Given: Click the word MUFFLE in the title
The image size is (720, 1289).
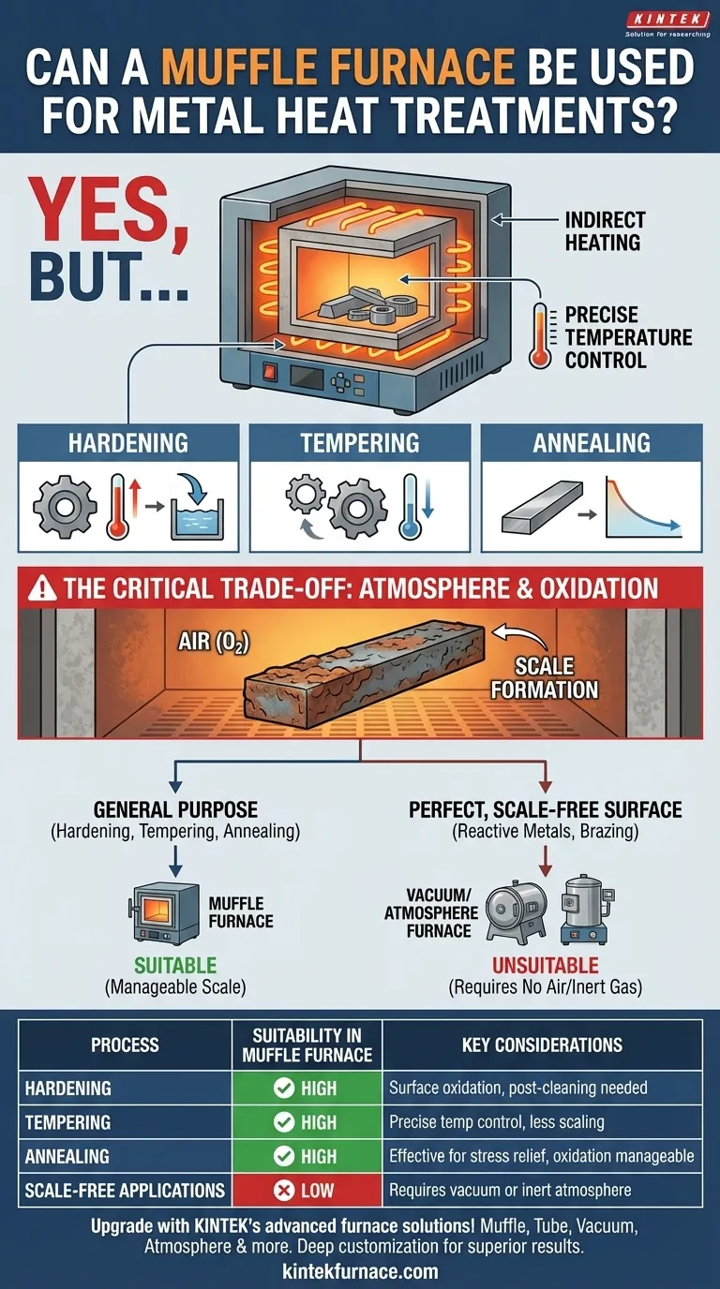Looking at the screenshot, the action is pos(253,67).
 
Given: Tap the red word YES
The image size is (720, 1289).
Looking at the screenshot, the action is pos(107,212).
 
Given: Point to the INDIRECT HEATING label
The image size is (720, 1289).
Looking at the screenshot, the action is pos(605,230).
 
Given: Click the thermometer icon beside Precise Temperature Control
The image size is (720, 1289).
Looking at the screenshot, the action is pos(540,336).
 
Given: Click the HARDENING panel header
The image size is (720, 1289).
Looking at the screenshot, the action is pos(128,442).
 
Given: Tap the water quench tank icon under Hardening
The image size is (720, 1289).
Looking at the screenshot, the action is pos(197,508).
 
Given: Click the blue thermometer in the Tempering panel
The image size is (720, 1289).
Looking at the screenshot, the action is pos(410,507).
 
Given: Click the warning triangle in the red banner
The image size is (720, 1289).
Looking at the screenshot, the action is pos(42,588).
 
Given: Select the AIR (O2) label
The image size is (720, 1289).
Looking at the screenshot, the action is pos(214,642).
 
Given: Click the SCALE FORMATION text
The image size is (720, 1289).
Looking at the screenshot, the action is pos(545,677).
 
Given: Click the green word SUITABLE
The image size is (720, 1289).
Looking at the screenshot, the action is pos(175,965).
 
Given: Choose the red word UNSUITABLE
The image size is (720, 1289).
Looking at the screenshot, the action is pos(546,965).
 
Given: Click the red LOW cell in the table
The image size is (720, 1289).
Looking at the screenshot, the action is pos(307,1190).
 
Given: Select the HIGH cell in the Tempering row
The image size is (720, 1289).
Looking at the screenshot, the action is pos(307,1122).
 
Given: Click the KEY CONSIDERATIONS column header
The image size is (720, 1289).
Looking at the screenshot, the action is pos(542,1045).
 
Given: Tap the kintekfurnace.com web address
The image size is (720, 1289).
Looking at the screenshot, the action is pos(360,1270).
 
